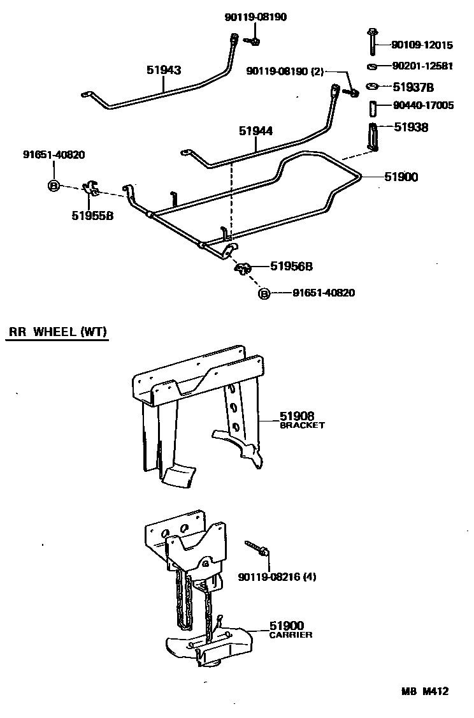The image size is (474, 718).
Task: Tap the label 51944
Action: [256, 131]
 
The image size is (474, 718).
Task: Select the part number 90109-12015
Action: [422, 45]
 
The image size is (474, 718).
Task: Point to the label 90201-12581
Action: [422, 66]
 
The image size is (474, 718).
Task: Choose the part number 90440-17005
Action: [423, 105]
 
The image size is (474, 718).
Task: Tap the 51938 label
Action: [411, 127]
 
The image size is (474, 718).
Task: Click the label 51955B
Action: [93, 216]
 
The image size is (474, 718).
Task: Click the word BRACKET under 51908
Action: [303, 425]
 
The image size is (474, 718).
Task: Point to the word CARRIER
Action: [291, 635]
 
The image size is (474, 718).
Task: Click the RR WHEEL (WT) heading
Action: [58, 332]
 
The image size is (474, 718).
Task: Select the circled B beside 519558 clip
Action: [54, 186]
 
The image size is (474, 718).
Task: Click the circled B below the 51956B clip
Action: [264, 293]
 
